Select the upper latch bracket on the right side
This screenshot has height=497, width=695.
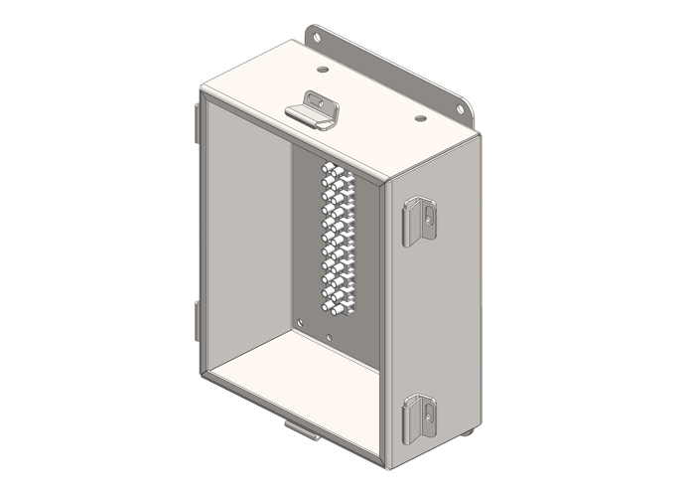click(x=418, y=220)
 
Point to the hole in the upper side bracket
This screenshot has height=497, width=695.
click(x=428, y=212)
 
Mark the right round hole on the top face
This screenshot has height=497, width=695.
click(x=420, y=118)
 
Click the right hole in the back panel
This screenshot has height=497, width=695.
click(x=329, y=337)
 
